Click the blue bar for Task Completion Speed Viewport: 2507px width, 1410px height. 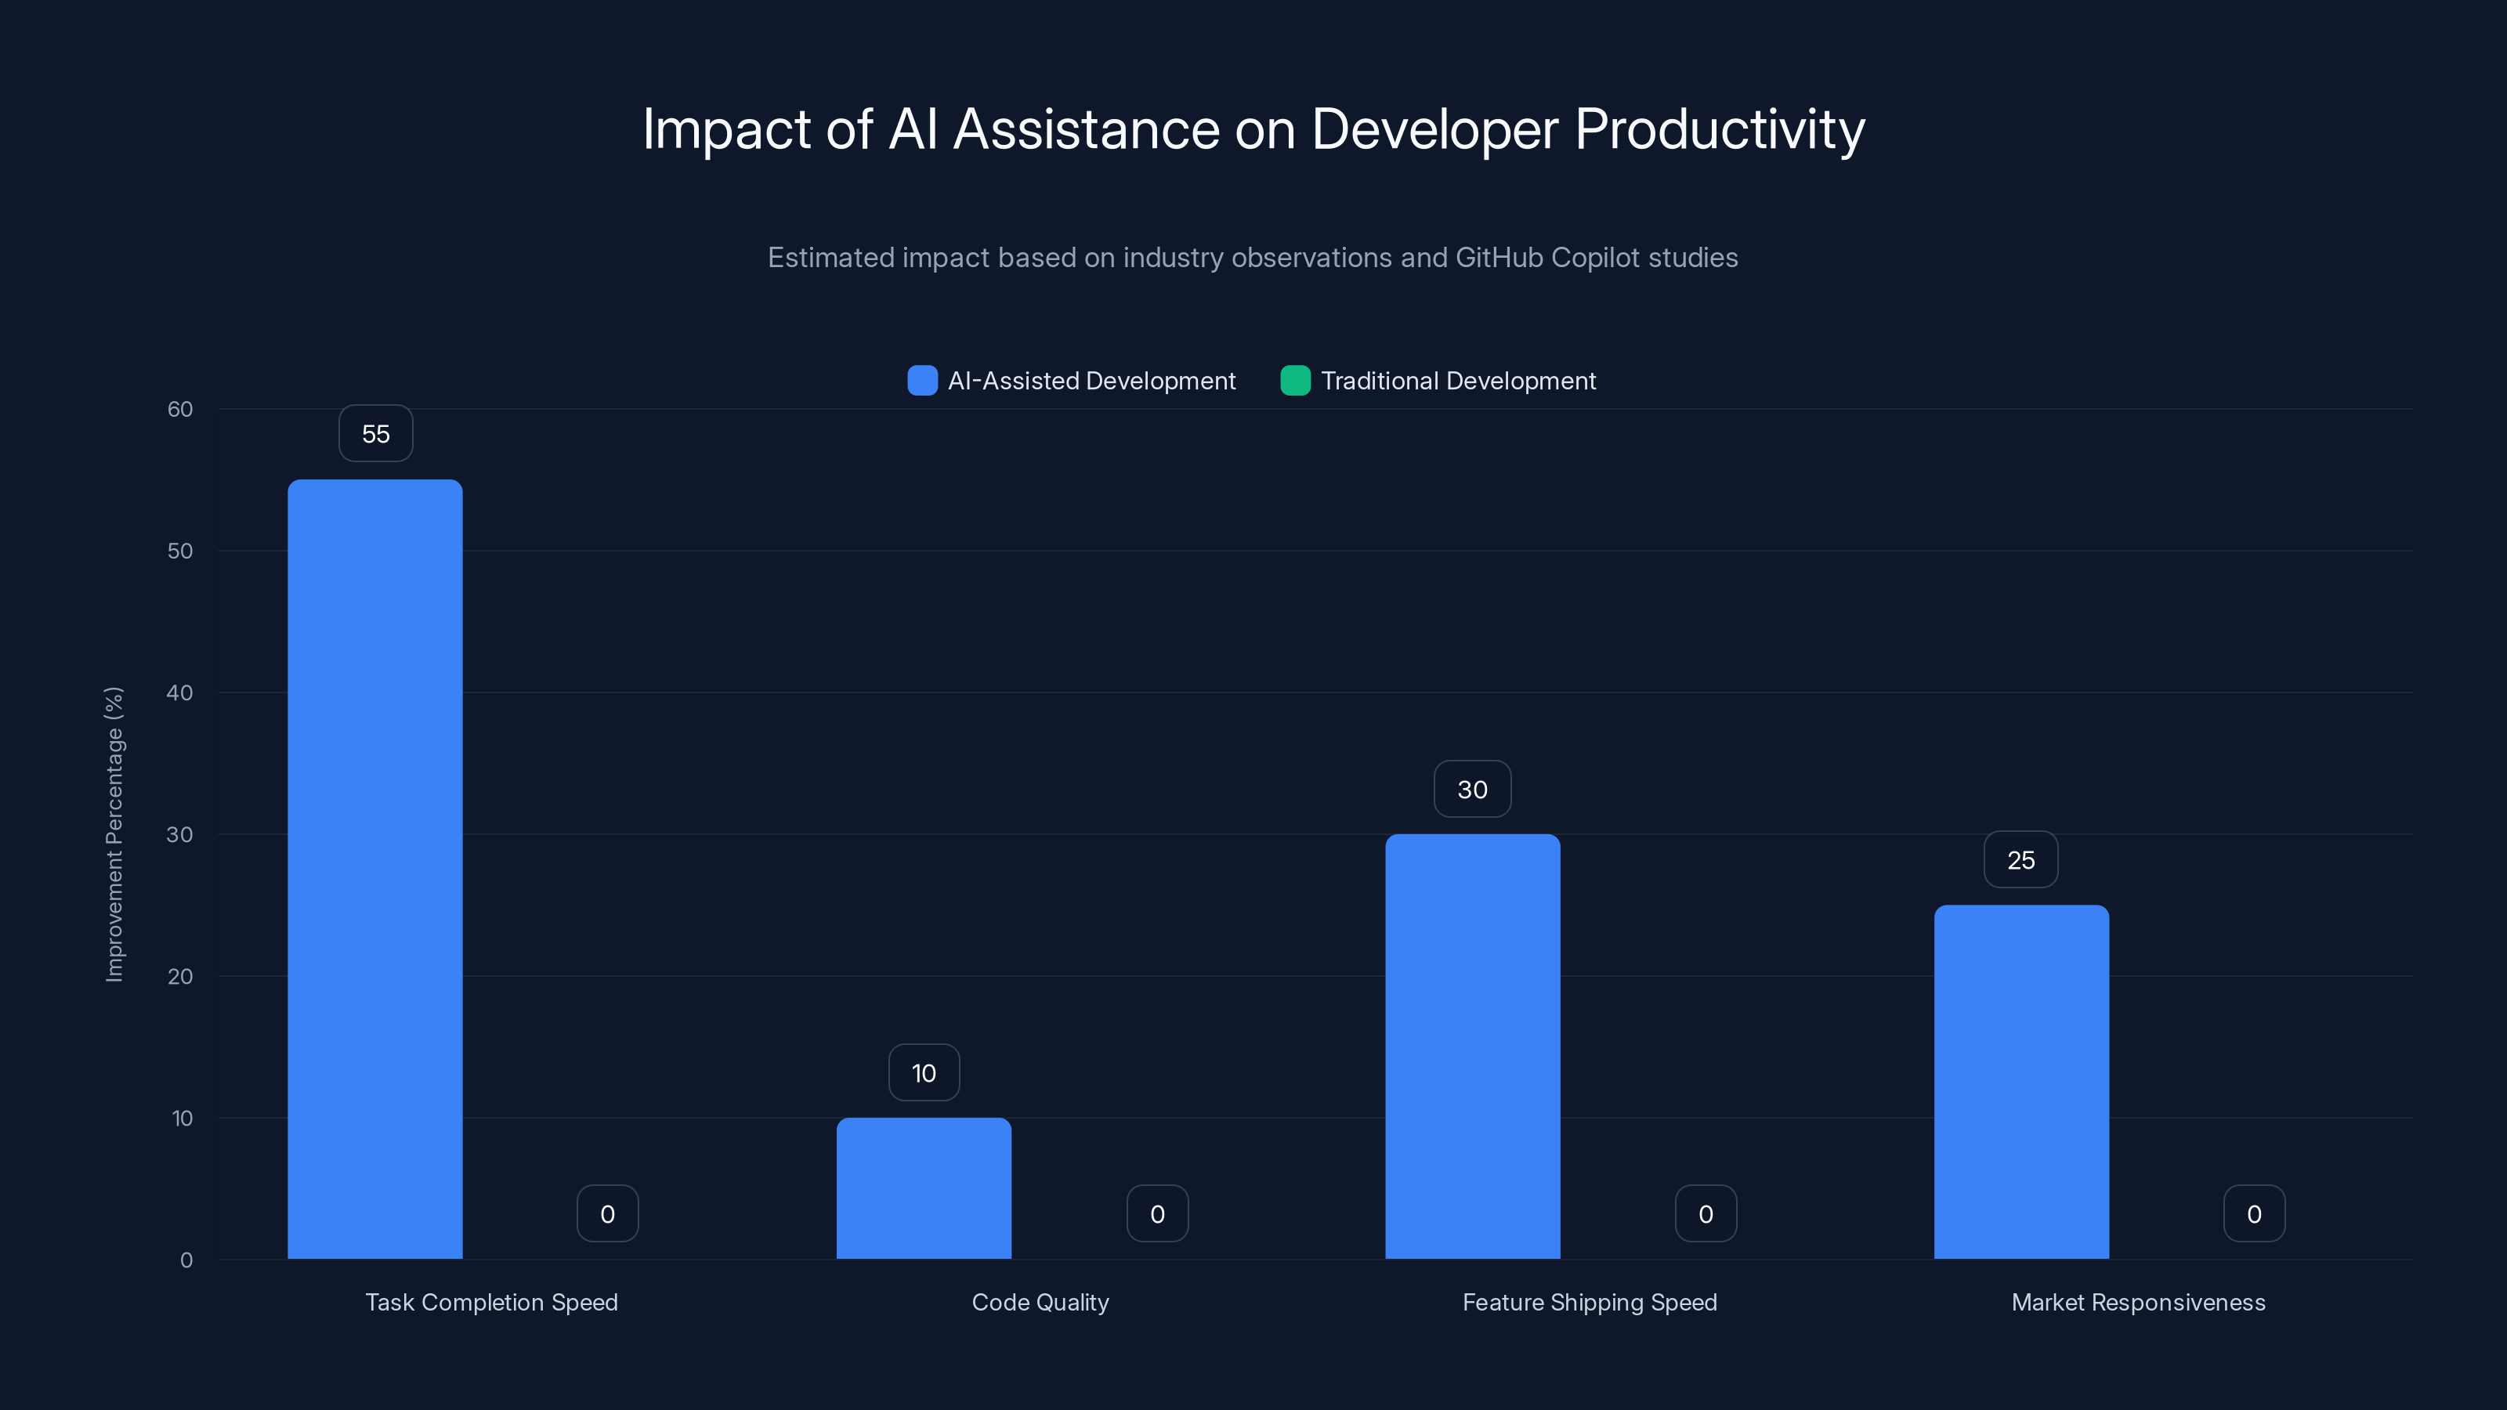pyautogui.click(x=374, y=868)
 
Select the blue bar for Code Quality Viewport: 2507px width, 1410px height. pyautogui.click(x=924, y=1188)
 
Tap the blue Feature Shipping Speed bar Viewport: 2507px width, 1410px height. pyautogui.click(x=1473, y=1046)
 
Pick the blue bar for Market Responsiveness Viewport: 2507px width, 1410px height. pyautogui.click(x=2021, y=1081)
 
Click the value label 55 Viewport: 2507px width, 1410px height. pyautogui.click(x=376, y=434)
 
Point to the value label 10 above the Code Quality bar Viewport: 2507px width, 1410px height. pyautogui.click(x=924, y=1073)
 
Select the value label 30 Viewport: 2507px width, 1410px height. pyautogui.click(x=1473, y=789)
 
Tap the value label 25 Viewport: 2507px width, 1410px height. pyautogui.click(x=2020, y=860)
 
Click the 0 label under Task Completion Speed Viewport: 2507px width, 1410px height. pyautogui.click(x=607, y=1213)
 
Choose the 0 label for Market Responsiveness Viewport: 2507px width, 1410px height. pyautogui.click(x=2254, y=1213)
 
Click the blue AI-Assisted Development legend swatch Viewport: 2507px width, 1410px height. pyautogui.click(x=921, y=381)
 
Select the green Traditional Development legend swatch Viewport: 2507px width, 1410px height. pyautogui.click(x=1295, y=381)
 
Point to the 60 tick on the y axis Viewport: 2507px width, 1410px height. pyautogui.click(x=180, y=409)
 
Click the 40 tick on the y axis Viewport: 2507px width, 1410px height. pyautogui.click(x=180, y=692)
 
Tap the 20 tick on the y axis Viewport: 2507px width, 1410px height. pyautogui.click(x=180, y=976)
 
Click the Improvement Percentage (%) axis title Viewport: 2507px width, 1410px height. pyautogui.click(x=115, y=834)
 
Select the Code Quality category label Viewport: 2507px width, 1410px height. pyautogui.click(x=1040, y=1302)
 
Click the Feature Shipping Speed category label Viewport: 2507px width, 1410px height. pyautogui.click(x=1590, y=1302)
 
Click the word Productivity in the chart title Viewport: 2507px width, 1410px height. pyautogui.click(x=1719, y=129)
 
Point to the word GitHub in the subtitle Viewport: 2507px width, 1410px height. pyautogui.click(x=1499, y=258)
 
